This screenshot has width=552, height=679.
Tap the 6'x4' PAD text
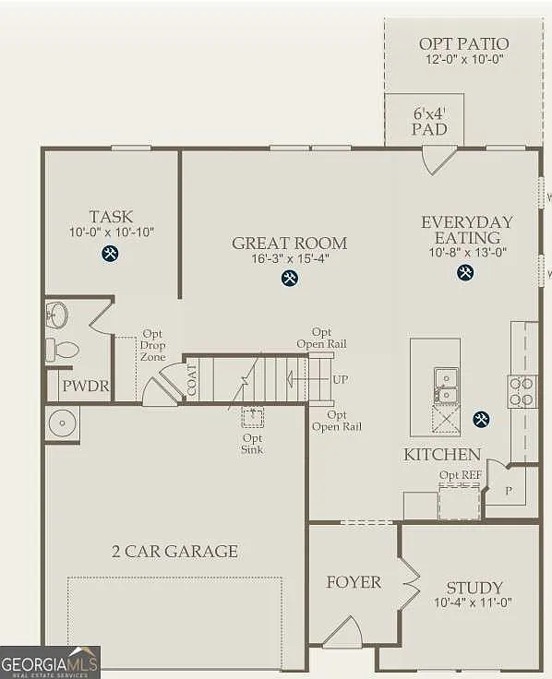point(429,121)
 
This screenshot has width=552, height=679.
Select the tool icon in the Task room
point(111,254)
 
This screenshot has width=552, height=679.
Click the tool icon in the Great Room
point(290,277)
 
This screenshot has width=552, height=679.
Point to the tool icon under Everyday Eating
point(466,272)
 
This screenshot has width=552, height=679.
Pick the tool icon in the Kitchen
point(481,420)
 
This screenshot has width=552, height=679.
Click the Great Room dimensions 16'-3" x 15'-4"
point(290,259)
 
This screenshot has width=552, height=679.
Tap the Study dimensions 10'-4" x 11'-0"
point(474,603)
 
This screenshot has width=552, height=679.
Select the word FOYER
point(354,582)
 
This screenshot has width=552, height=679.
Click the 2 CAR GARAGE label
point(174,552)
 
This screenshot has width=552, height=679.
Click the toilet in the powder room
point(62,350)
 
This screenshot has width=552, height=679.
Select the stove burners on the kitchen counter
point(522,391)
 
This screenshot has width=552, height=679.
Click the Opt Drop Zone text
point(153,345)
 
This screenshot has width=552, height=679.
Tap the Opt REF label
point(460,475)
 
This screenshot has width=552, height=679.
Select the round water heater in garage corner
point(62,423)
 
